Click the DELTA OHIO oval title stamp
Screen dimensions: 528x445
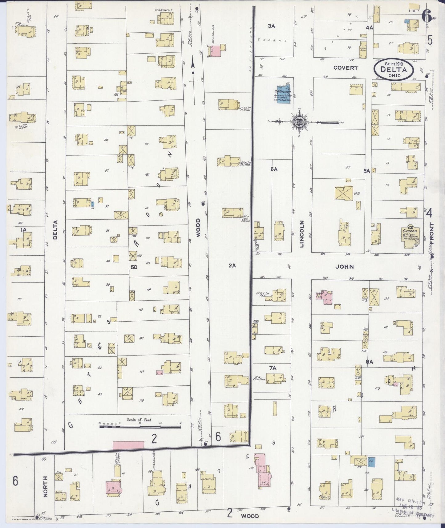pos(394,70)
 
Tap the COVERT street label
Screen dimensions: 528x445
pos(346,68)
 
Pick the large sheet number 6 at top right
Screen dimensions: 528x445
pos(427,16)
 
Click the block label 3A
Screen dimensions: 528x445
pos(271,26)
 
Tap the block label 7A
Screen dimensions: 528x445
pos(272,368)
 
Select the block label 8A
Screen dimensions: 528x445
pos(369,362)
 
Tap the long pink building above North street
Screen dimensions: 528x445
pos(128,445)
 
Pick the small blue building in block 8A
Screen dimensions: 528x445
pos(371,462)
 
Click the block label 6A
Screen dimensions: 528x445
pos(274,169)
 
